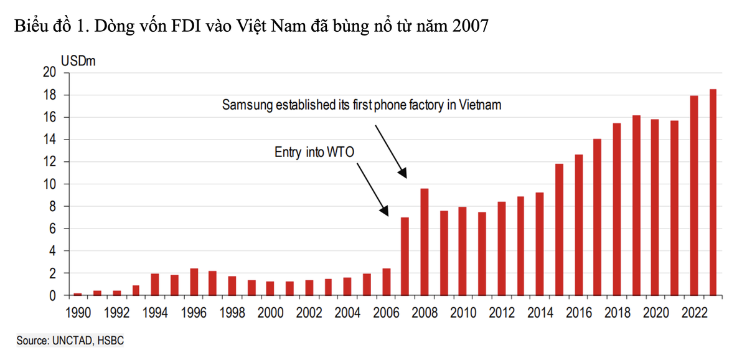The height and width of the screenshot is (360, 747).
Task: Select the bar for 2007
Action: (405, 256)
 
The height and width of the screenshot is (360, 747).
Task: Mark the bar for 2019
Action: (636, 205)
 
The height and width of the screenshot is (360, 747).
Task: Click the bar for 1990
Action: (78, 294)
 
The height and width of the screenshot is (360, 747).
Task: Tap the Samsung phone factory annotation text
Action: (362, 105)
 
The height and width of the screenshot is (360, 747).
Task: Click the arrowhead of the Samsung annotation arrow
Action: (404, 174)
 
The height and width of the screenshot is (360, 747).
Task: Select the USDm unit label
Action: (78, 62)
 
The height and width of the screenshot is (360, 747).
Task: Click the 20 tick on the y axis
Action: (50, 73)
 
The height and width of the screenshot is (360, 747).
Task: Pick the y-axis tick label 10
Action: (50, 184)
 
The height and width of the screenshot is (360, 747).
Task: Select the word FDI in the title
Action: (179, 27)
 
